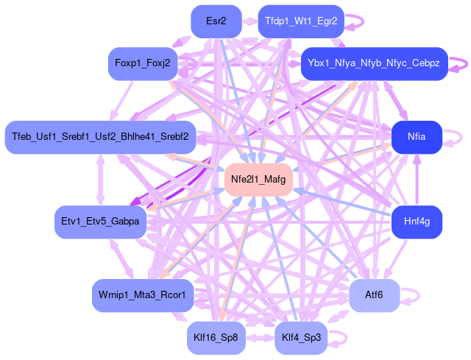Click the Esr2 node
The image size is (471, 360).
216,21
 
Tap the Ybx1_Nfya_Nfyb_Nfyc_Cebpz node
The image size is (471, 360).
374,64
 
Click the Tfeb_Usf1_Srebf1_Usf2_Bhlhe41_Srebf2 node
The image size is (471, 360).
100,137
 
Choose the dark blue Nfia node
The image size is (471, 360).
417,137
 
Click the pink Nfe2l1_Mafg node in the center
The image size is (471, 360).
258,179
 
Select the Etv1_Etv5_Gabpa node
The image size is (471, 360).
100,222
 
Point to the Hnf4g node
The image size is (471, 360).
417,221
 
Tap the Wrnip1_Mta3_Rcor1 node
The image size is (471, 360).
143,295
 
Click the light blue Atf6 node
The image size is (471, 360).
374,295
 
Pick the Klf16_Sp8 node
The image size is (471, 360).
216,337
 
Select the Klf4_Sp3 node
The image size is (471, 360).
301,337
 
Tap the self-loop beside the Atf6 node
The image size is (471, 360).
417,295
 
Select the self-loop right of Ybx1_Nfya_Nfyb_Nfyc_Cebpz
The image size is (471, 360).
464,64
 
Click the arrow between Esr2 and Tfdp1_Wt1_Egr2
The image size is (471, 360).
250,21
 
